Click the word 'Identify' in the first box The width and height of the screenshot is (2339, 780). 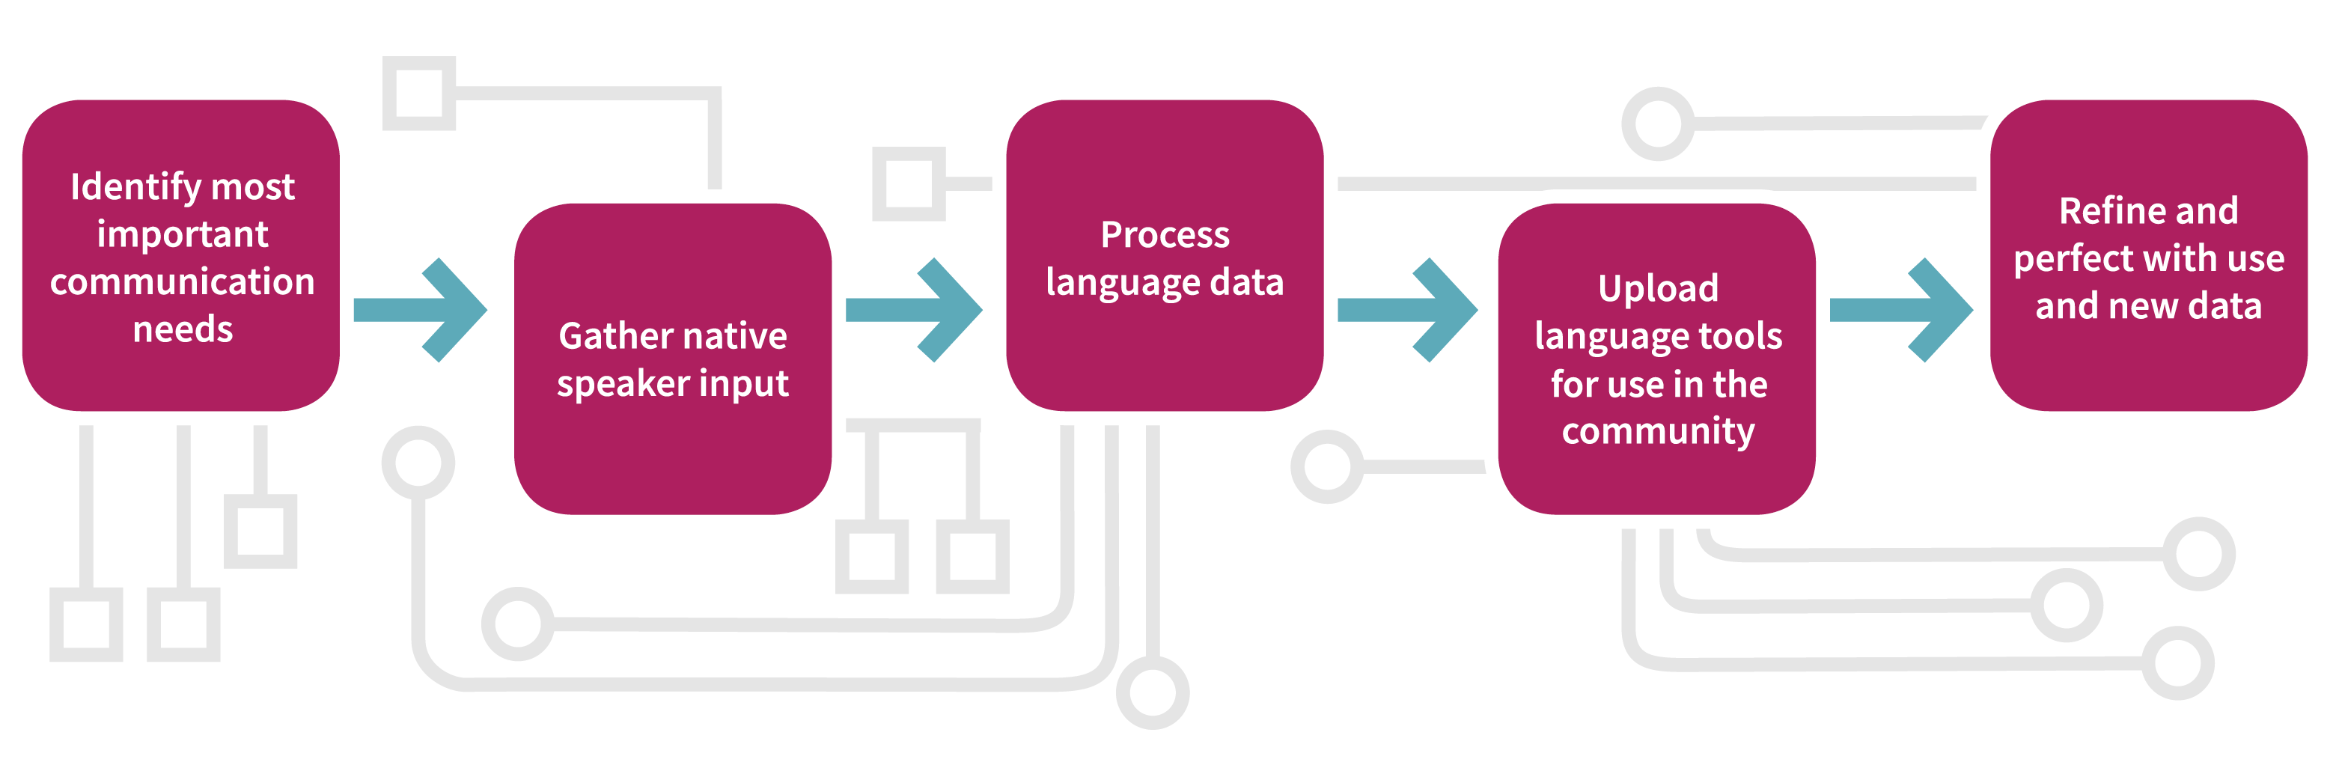click(x=137, y=188)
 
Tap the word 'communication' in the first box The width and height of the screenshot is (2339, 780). click(x=183, y=282)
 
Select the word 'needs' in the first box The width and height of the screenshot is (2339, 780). click(x=183, y=329)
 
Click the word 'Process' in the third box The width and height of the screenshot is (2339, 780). click(x=1165, y=235)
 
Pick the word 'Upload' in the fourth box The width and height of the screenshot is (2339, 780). click(x=1658, y=289)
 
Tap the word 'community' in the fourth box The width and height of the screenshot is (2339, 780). click(x=1658, y=431)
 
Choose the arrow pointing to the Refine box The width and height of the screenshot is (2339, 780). click(x=1901, y=311)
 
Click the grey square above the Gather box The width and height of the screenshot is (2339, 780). click(x=418, y=94)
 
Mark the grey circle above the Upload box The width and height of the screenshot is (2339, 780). click(x=1658, y=124)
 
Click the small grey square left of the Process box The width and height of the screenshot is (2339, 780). click(x=908, y=183)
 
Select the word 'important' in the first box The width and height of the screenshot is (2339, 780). click(x=183, y=235)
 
